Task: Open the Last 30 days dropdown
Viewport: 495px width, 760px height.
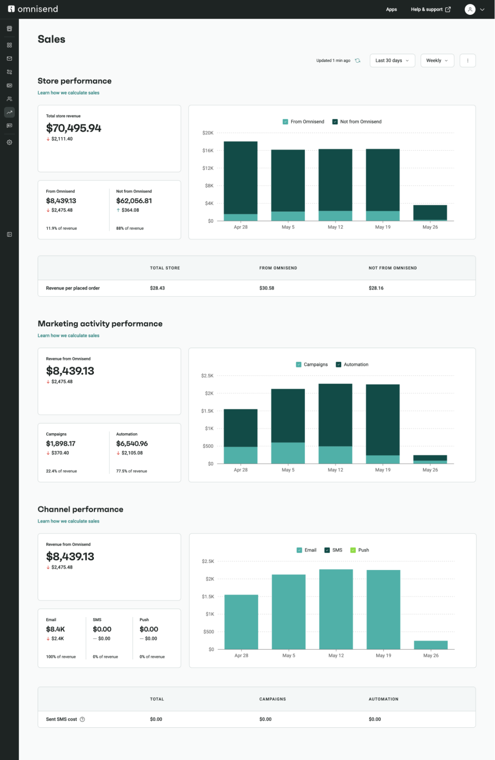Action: [392, 60]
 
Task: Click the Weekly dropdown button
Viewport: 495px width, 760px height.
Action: [437, 60]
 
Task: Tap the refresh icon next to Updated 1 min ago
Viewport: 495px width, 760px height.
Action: [357, 60]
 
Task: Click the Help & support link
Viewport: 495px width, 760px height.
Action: [430, 9]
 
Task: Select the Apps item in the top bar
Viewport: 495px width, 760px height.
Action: [391, 9]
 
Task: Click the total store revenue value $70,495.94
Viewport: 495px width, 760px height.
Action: [73, 128]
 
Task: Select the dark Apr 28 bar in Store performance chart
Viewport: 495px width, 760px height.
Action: [240, 177]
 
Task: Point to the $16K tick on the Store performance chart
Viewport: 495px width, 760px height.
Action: [208, 151]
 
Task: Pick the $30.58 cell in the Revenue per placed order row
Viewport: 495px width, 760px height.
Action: [266, 288]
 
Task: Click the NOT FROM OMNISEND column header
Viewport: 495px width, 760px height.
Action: [392, 268]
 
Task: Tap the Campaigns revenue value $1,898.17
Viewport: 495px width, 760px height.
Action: [60, 443]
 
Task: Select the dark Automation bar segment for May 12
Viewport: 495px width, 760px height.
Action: [335, 414]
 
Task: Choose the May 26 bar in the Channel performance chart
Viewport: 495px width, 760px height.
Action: [431, 645]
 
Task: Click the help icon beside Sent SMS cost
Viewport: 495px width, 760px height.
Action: [82, 719]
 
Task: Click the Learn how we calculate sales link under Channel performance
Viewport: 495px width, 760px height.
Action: [68, 521]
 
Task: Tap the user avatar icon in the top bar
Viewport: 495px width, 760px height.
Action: [470, 9]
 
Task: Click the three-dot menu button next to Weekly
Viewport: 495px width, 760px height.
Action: [467, 60]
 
